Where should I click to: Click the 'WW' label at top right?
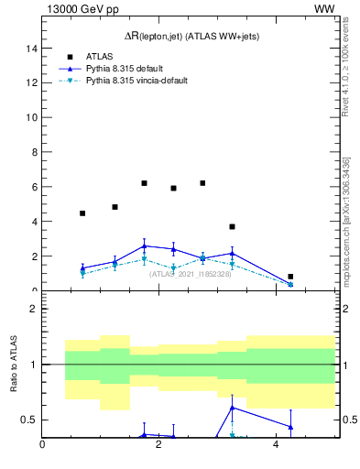[323, 8]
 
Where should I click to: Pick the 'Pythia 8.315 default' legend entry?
[123, 68]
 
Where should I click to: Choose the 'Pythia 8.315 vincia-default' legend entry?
[136, 81]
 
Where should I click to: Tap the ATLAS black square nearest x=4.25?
[290, 277]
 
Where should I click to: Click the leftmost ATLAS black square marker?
[82, 213]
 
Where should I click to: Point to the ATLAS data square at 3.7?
[232, 226]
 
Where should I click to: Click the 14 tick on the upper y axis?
[31, 48]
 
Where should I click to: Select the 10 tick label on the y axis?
[31, 117]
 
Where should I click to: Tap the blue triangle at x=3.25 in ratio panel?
[232, 408]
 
